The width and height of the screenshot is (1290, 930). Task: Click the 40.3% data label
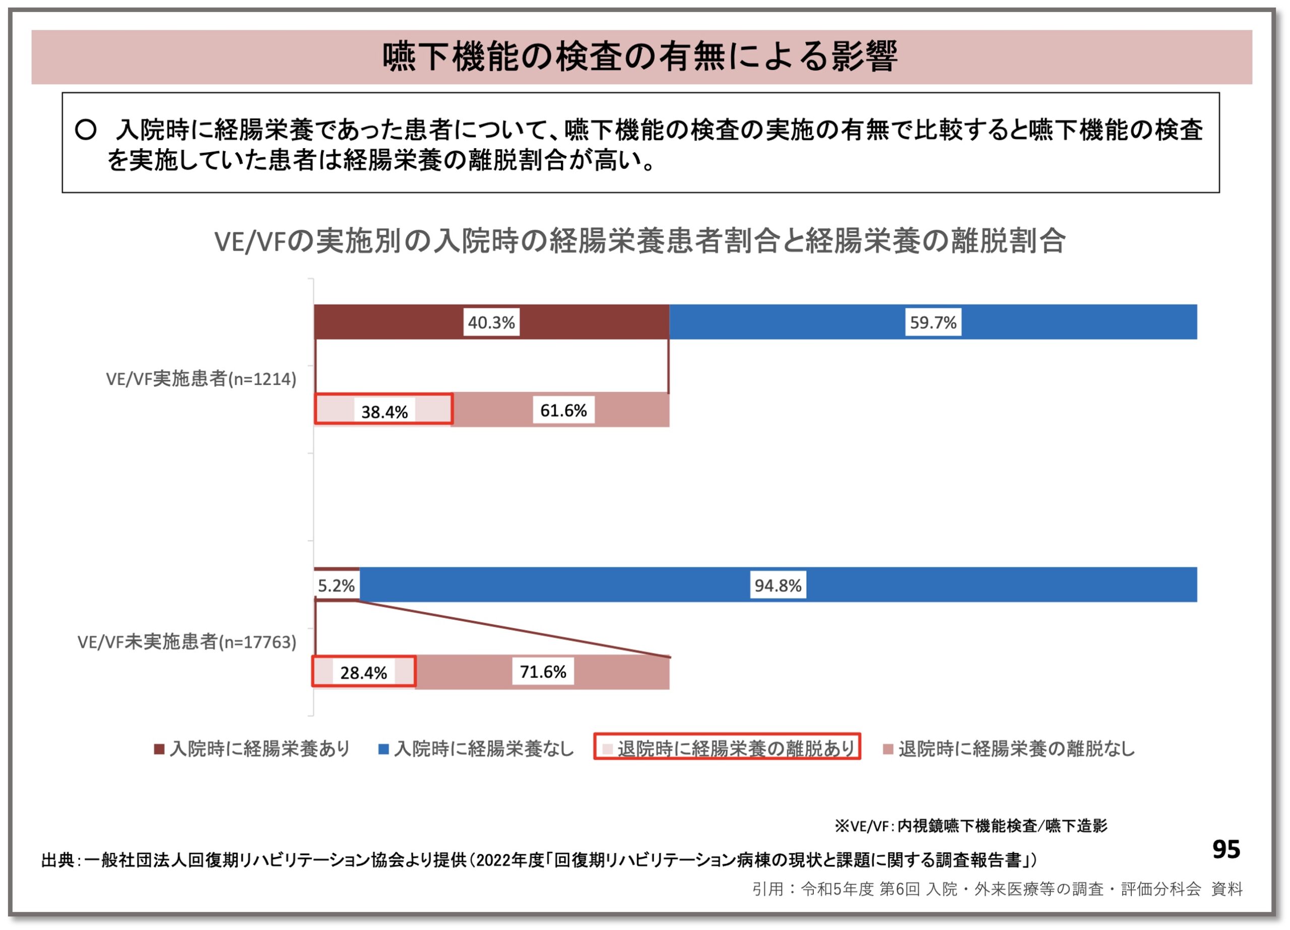pos(491,322)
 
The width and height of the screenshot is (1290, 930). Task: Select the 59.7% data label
pos(933,322)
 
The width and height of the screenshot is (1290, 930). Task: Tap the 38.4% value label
pos(384,411)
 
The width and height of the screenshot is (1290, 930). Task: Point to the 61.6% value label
pos(563,410)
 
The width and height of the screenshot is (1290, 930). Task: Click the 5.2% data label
pos(336,585)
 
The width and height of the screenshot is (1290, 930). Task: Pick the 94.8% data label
pos(778,585)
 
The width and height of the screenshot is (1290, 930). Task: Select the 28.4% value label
pos(363,673)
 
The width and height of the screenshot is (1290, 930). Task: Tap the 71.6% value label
pos(543,672)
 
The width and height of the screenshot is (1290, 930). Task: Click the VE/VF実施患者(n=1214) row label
pos(202,379)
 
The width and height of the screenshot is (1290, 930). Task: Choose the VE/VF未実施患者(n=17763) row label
pos(187,642)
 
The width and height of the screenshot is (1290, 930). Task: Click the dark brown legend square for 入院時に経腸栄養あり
pos(159,749)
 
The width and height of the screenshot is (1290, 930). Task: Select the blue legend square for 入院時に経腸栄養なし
pos(384,749)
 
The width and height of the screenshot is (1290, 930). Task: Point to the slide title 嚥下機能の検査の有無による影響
pos(640,57)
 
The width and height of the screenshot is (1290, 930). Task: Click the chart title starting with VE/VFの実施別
pos(640,241)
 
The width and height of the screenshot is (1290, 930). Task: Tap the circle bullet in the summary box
pos(86,129)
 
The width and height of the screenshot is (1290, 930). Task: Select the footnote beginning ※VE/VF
pos(971,825)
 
